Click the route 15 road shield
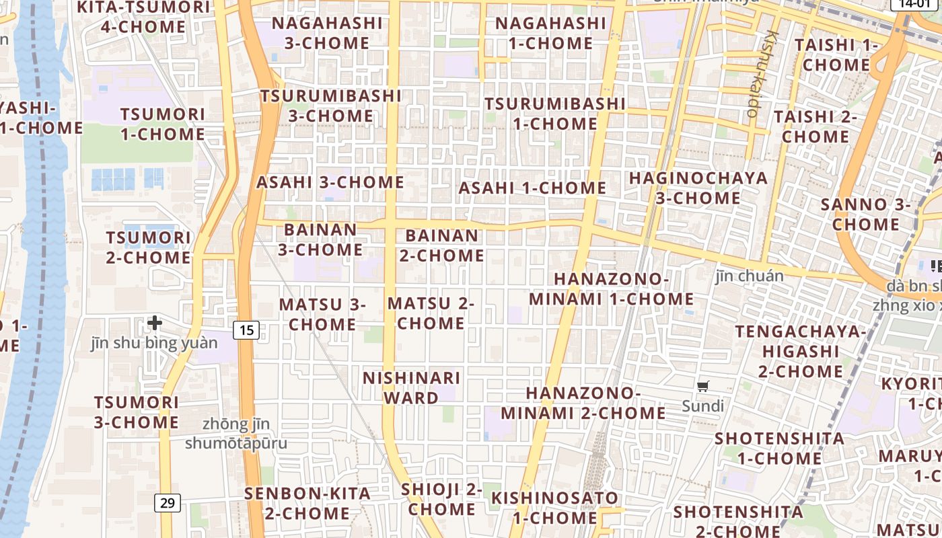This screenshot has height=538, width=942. point(247,330)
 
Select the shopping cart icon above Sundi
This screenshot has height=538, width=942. point(703,386)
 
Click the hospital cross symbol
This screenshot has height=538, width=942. point(155,323)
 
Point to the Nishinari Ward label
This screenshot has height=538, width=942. point(411,387)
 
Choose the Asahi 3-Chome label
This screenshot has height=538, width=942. point(330,182)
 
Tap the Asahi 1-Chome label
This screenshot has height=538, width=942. point(532,188)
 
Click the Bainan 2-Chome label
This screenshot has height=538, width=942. point(442,245)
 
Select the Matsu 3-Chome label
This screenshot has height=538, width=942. point(322,314)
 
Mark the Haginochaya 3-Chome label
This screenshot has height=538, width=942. point(698,188)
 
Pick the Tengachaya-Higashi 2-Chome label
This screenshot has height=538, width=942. point(801,351)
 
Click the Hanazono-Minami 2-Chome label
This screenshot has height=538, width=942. point(583,402)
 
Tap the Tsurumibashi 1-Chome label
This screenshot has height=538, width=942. point(555,114)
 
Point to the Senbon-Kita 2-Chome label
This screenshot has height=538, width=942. point(307,503)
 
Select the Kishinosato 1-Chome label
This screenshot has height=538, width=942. point(554,508)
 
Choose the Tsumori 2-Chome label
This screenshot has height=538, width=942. point(149,247)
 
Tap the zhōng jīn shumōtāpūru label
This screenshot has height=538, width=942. point(235,434)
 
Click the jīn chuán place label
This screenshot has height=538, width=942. point(750,276)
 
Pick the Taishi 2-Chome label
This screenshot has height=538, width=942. point(816,126)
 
